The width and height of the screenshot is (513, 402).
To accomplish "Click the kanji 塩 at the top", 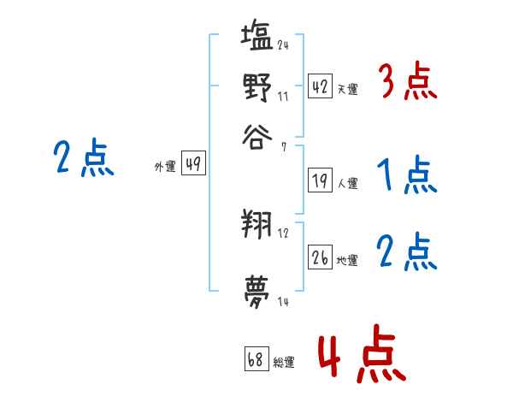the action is coord(257,39).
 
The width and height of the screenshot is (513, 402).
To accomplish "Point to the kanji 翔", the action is coord(257,226).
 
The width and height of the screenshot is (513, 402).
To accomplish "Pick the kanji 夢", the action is coord(257,287).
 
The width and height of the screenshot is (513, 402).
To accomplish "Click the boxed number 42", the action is coord(320,87).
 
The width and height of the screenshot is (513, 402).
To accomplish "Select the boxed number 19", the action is coord(320,181).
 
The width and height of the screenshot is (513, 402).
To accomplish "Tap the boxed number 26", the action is coord(320,258).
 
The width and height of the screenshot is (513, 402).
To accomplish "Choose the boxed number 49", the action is coord(193,165).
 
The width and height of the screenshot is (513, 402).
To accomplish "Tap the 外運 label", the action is coord(164,167).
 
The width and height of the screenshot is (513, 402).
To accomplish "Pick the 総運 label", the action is coord(283,362).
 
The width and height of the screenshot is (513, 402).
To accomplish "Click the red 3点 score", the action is coord(407,84).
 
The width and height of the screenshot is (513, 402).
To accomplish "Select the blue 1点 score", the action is coord(407,176).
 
